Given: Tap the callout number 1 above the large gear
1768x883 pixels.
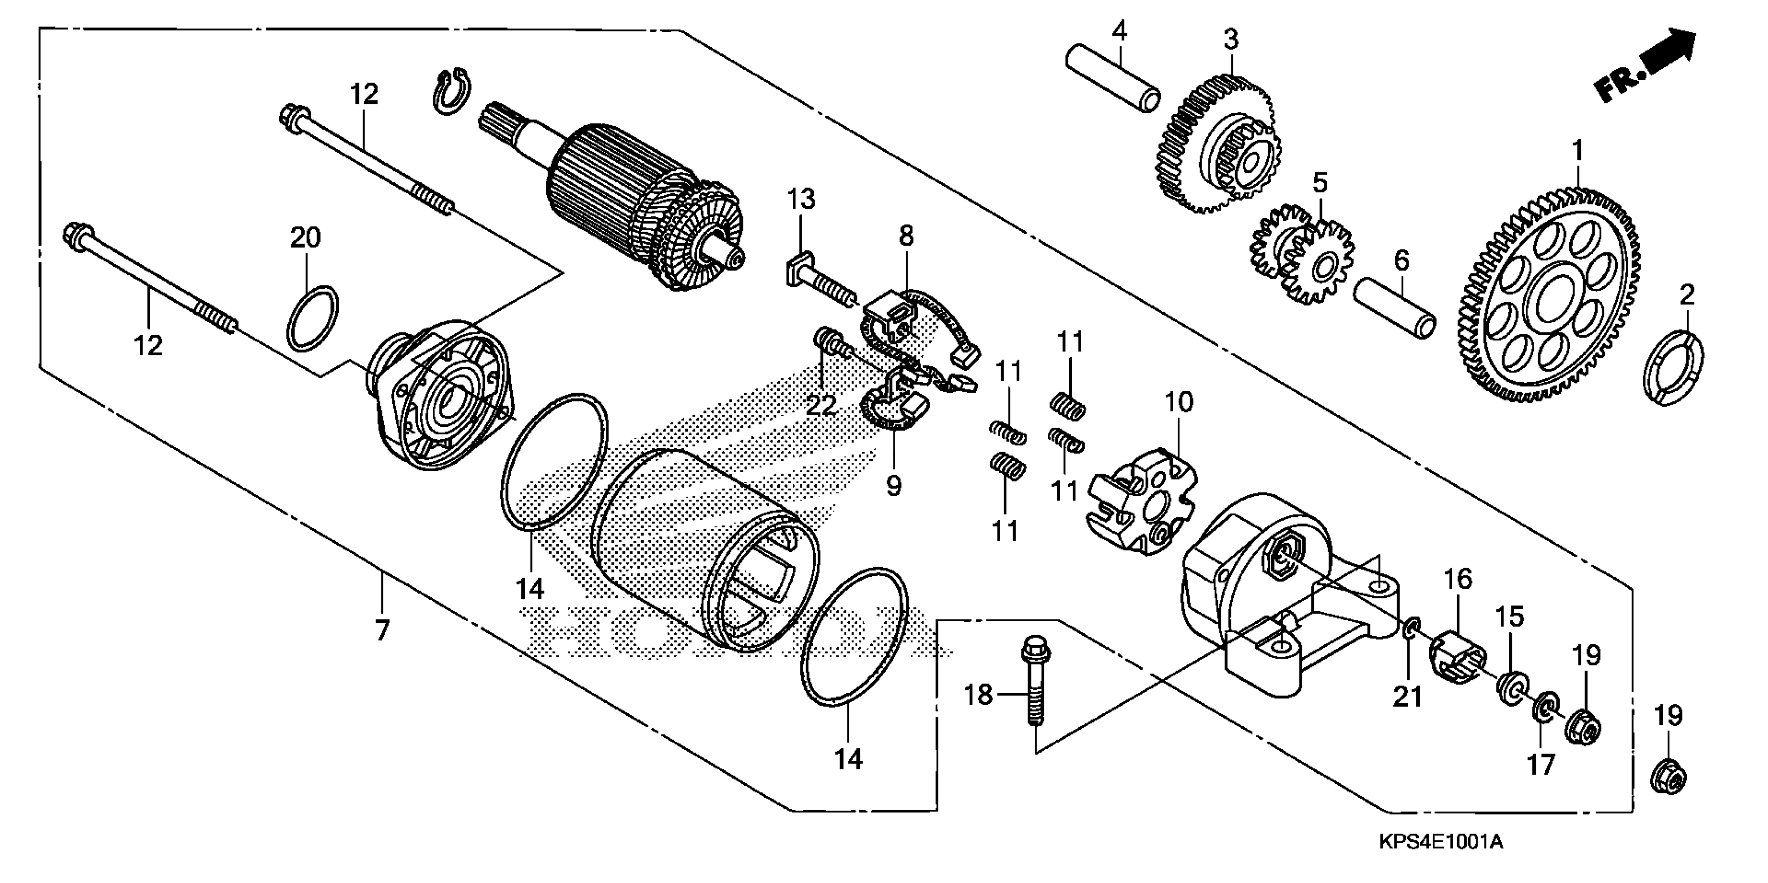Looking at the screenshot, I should pyautogui.click(x=1577, y=150).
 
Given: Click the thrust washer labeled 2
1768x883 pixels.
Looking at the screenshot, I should pyautogui.click(x=1674, y=367).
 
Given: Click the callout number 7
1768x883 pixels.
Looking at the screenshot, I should pyautogui.click(x=382, y=628).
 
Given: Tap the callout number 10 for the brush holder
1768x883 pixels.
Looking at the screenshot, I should pyautogui.click(x=1178, y=402).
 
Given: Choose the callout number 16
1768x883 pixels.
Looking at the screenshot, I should pyautogui.click(x=1458, y=579).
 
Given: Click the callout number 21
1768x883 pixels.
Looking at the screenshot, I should pyautogui.click(x=1407, y=697).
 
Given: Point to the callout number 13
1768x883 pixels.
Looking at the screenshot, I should pyautogui.click(x=800, y=199).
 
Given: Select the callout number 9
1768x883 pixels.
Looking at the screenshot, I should pyautogui.click(x=893, y=485).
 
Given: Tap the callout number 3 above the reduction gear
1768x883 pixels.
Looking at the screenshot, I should pyautogui.click(x=1231, y=39).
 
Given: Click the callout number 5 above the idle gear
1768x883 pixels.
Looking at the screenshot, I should pyautogui.click(x=1320, y=182).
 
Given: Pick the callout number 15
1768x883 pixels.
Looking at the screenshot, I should pyautogui.click(x=1510, y=617).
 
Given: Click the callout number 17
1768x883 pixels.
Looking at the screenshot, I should pyautogui.click(x=1540, y=764).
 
